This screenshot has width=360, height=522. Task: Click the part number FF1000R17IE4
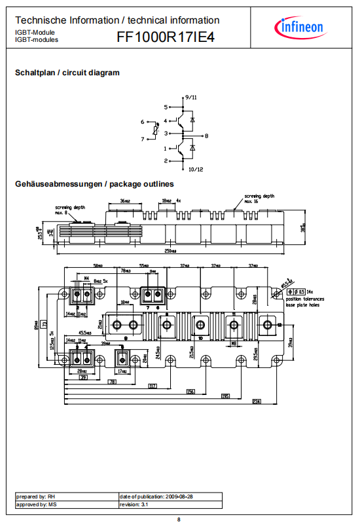pyautogui.click(x=165, y=37)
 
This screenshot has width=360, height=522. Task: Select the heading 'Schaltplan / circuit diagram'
pyautogui.click(x=67, y=73)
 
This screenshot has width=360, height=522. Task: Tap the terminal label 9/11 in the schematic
pyautogui.click(x=190, y=96)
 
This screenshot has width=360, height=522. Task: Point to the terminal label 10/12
pyautogui.click(x=196, y=170)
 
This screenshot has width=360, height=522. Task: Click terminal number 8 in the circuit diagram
pyautogui.click(x=206, y=136)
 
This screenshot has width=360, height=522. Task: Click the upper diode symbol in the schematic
pyautogui.click(x=191, y=121)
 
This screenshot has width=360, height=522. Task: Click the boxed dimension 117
pyautogui.click(x=153, y=386)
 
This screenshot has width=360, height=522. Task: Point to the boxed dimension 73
pyautogui.click(x=45, y=324)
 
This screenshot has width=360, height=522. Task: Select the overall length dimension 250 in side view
pyautogui.click(x=171, y=253)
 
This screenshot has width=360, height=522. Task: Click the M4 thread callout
pyautogui.click(x=86, y=278)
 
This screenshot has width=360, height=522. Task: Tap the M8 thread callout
pyautogui.click(x=234, y=351)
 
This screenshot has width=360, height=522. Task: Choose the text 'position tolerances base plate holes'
pyautogui.click(x=308, y=302)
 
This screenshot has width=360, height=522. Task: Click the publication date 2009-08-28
pyautogui.click(x=157, y=497)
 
